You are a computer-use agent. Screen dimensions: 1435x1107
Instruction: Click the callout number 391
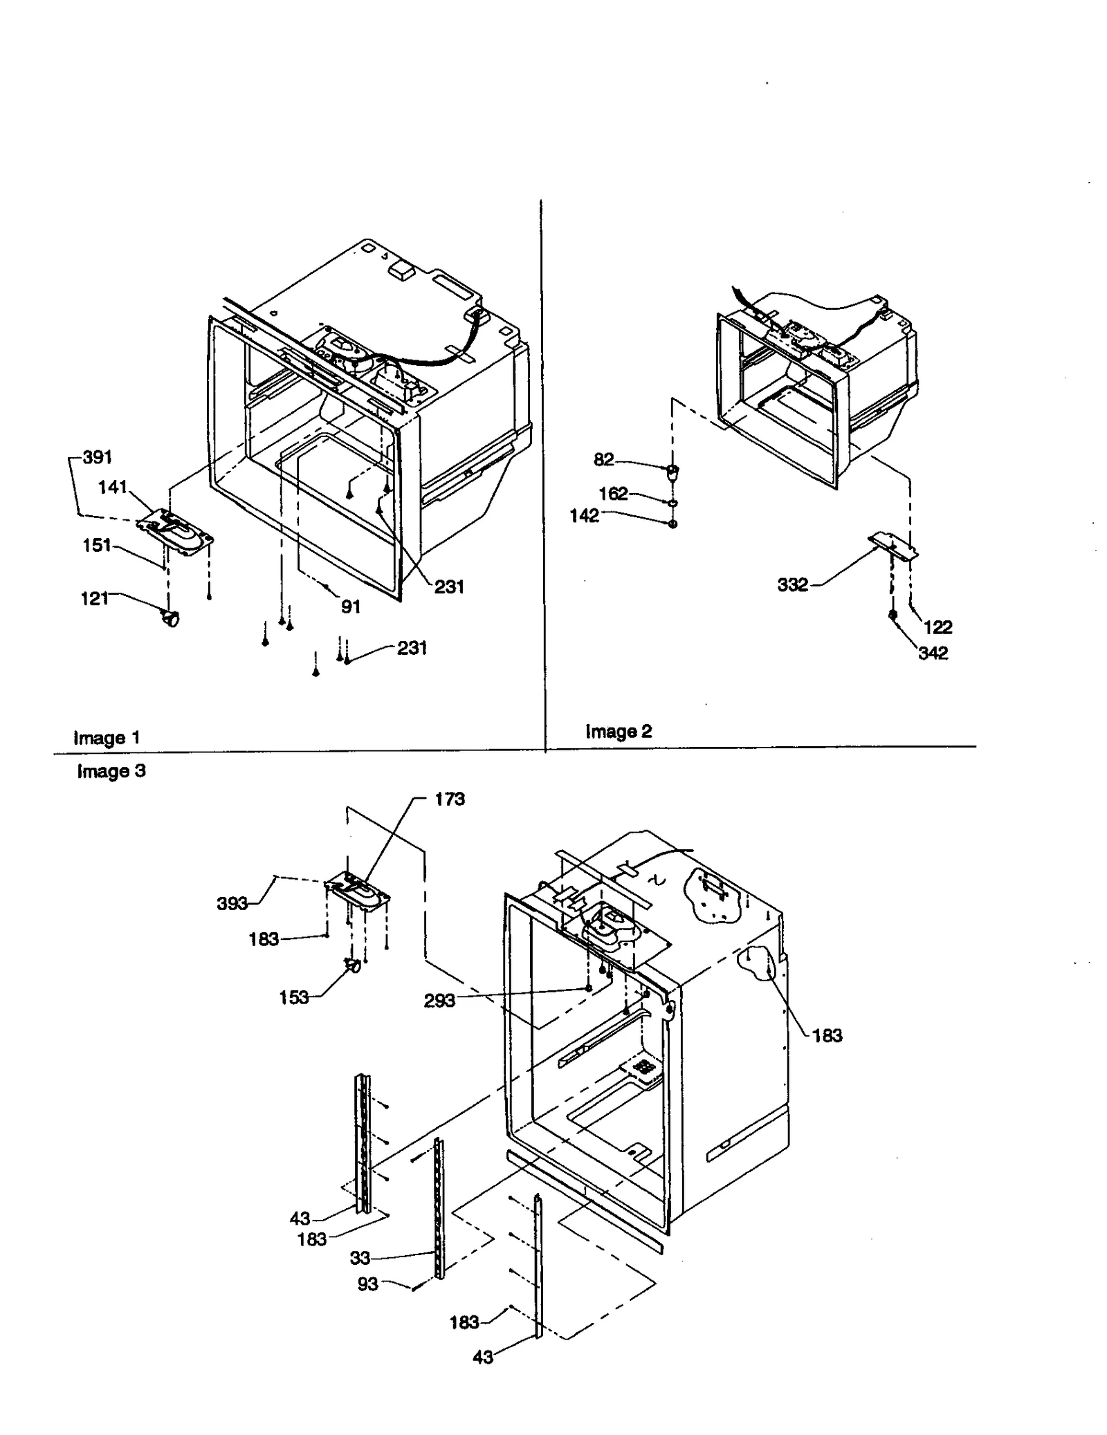98,458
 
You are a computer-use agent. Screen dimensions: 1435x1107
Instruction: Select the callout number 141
113,488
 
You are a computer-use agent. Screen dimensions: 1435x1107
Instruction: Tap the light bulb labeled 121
170,618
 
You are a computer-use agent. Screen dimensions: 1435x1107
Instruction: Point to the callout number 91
351,607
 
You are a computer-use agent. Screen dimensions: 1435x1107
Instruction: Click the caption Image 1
107,738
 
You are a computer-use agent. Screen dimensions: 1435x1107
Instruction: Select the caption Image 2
619,731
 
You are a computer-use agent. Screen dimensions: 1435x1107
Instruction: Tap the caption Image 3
111,771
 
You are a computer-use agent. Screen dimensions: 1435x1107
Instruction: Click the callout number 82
603,460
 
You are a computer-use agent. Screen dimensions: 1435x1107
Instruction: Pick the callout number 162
613,494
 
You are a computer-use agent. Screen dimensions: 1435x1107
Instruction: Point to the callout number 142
584,516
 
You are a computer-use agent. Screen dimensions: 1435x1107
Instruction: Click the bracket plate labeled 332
893,544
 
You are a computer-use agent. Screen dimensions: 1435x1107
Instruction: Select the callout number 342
933,653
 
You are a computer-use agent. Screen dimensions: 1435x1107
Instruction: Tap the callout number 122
937,627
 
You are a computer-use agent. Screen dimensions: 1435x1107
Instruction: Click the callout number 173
450,799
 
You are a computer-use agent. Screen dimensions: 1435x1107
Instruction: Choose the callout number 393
232,904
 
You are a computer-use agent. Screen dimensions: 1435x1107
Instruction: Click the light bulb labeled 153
352,966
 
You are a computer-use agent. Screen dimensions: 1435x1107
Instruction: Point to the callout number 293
439,1001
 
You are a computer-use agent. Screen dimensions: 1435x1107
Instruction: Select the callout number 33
360,1258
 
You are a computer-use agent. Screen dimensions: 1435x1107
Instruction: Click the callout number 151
97,546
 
